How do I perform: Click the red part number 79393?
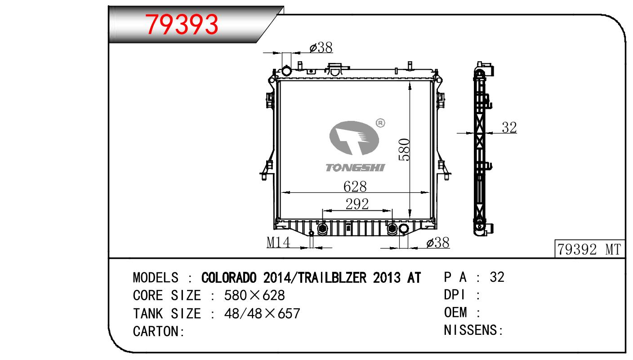[182, 24]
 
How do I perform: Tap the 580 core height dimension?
[404, 150]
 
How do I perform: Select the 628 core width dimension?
[355, 187]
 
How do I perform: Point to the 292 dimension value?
[357, 204]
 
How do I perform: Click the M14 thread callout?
[278, 242]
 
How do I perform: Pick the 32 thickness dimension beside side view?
[509, 128]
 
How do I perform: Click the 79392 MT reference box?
[589, 249]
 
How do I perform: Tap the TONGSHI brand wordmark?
[355, 168]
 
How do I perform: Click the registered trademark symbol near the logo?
[380, 123]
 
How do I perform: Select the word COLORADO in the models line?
[229, 277]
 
